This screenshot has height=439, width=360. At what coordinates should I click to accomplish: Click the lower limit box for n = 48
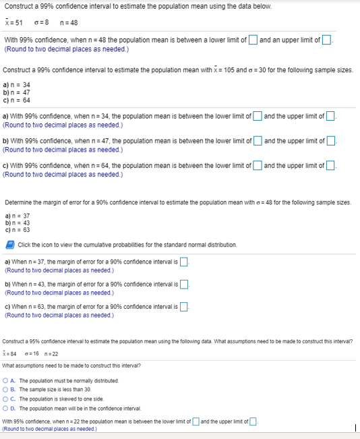click(253, 40)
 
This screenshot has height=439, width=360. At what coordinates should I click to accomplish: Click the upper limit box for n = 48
click(326, 40)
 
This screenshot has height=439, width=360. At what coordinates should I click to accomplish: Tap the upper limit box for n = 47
click(330, 140)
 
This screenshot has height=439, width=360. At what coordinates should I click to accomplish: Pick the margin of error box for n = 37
click(183, 262)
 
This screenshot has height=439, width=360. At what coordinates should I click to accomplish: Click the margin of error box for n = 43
click(183, 283)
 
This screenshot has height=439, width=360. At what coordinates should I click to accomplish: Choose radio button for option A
click(7, 381)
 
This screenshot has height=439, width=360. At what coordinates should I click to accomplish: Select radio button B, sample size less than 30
click(7, 390)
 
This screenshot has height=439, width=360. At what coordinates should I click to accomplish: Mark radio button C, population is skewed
click(7, 399)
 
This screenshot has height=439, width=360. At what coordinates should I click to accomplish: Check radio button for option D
click(7, 407)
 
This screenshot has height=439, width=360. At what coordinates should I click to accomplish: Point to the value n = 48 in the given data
click(69, 22)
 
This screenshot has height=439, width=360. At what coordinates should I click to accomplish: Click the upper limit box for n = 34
click(330, 116)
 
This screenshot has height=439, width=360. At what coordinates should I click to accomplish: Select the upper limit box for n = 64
click(330, 165)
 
